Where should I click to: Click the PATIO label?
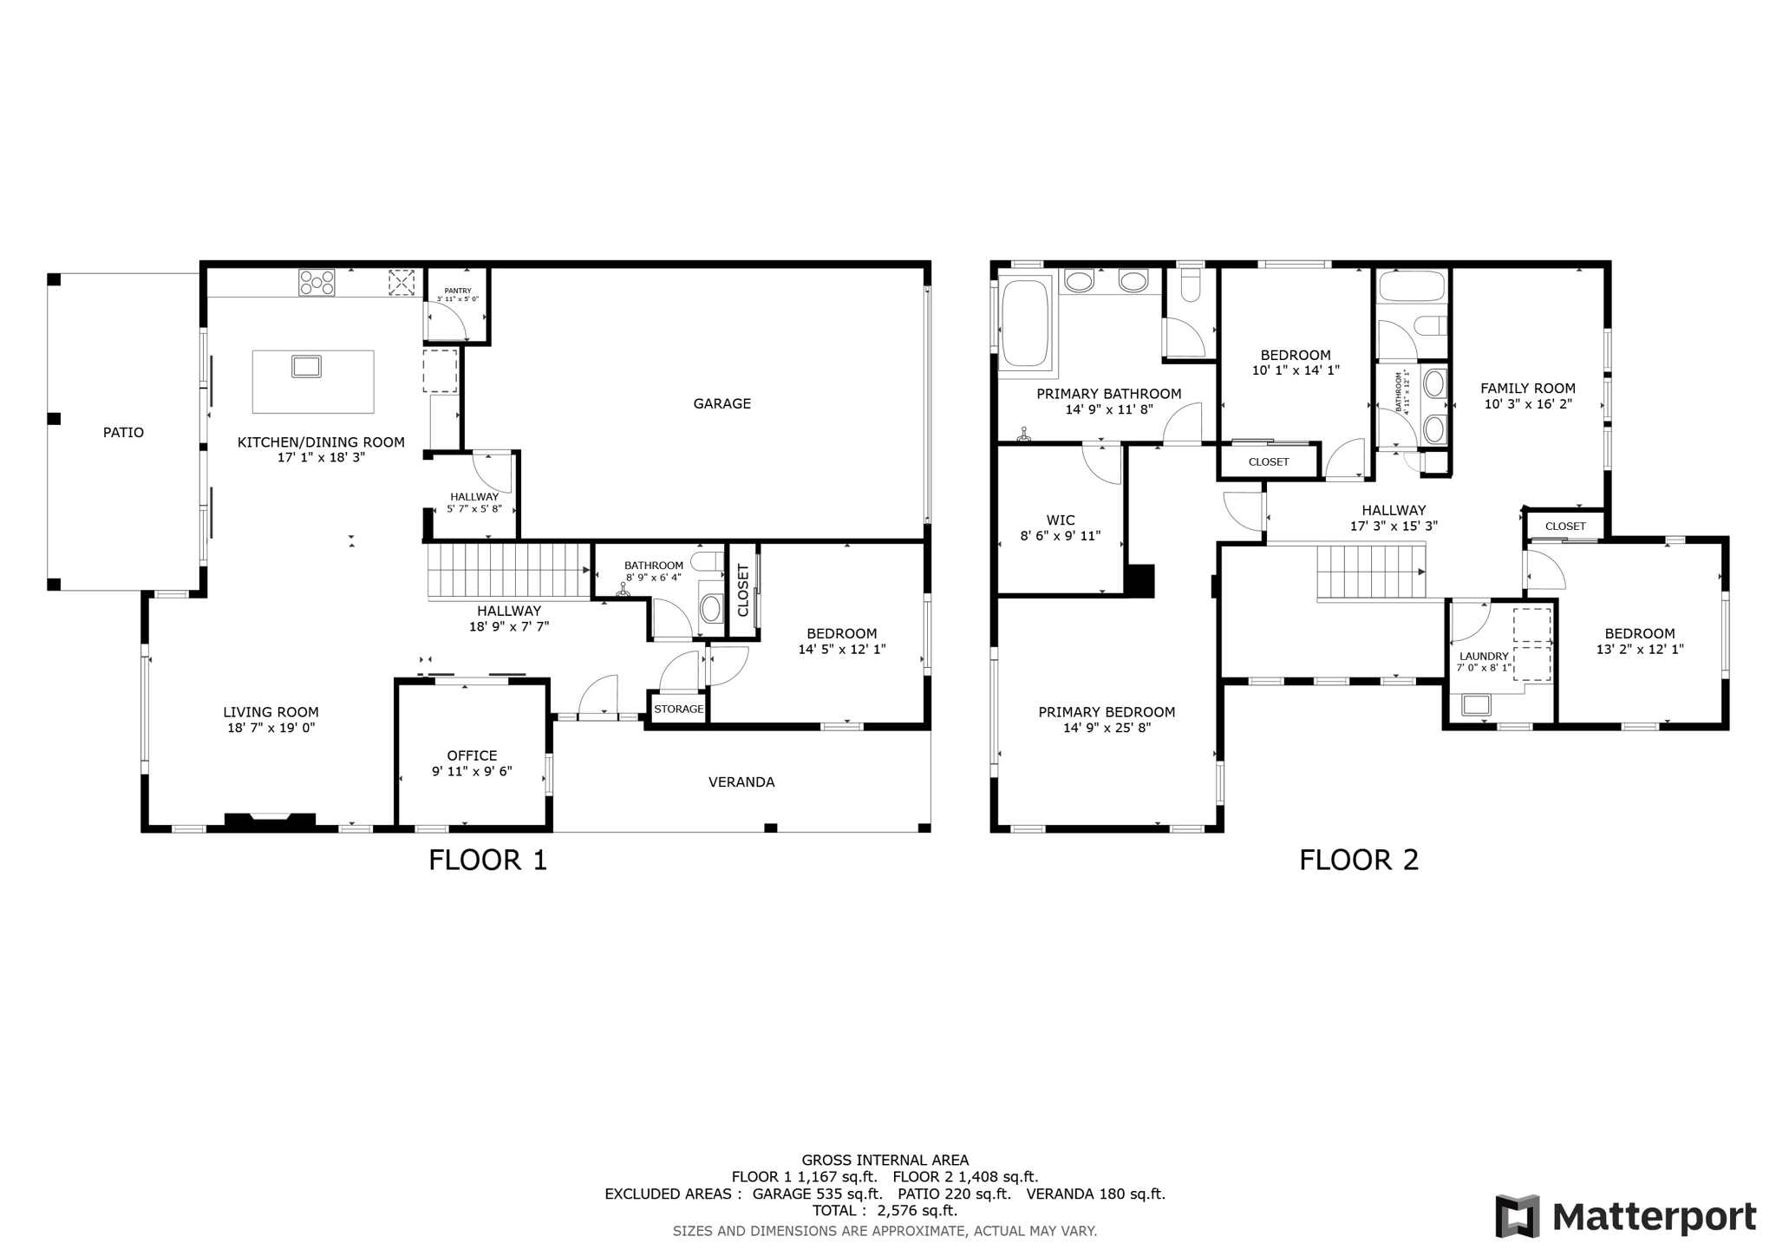click(x=123, y=433)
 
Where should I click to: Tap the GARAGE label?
click(x=721, y=403)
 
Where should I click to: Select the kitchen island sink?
click(x=307, y=366)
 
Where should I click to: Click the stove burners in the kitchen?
click(x=317, y=283)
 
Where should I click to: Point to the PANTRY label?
click(x=458, y=291)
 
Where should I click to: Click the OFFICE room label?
click(x=472, y=756)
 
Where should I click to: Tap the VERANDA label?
click(x=741, y=782)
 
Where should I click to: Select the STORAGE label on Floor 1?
click(x=679, y=710)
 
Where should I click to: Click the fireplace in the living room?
click(x=270, y=821)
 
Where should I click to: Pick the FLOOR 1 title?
click(x=488, y=860)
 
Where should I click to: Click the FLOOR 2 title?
click(x=1359, y=860)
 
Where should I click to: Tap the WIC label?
click(x=1061, y=520)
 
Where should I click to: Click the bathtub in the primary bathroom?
click(x=1027, y=322)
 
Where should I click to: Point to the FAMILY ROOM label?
click(x=1528, y=389)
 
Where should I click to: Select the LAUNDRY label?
click(x=1484, y=657)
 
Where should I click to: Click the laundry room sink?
click(x=1476, y=704)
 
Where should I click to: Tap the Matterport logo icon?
click(x=1518, y=1216)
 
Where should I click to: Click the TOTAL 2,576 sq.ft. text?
click(x=885, y=1211)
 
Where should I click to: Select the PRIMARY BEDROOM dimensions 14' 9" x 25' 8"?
click(x=1107, y=729)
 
